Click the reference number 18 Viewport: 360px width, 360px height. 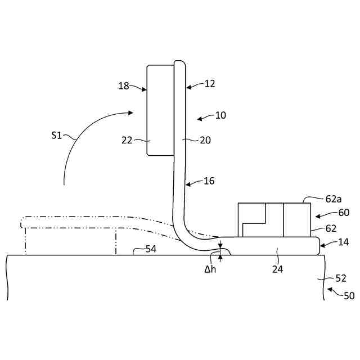click(x=124, y=86)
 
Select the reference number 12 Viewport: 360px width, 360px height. click(x=210, y=84)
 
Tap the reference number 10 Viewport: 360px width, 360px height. click(x=220, y=115)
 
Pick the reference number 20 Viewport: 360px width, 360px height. click(x=205, y=141)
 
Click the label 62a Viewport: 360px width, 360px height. click(x=334, y=199)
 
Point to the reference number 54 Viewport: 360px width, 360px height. click(x=151, y=249)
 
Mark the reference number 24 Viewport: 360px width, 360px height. click(x=278, y=269)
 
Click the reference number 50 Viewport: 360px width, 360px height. click(x=349, y=295)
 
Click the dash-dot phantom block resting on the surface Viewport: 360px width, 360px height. click(x=70, y=241)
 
